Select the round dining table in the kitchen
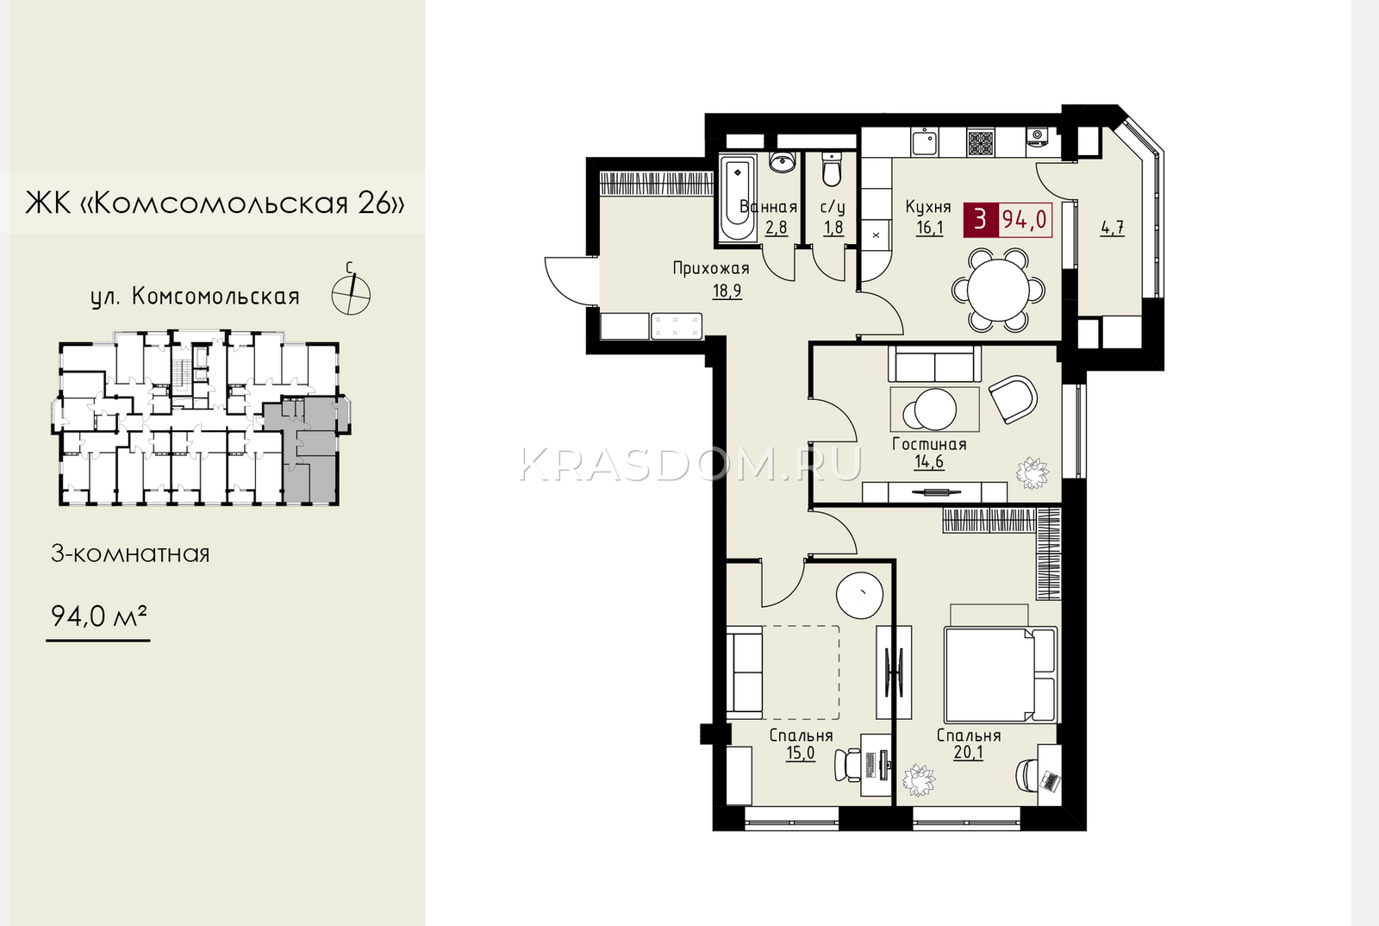[x=998, y=289]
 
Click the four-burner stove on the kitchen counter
[x=980, y=143]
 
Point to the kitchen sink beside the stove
[x=925, y=143]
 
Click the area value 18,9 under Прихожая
[x=727, y=291]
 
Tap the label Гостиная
[x=929, y=444]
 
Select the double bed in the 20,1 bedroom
[x=1001, y=674]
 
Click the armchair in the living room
[x=1013, y=399]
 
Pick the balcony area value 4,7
[x=1113, y=228]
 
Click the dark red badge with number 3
[x=980, y=219]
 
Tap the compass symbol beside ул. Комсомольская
[x=351, y=294]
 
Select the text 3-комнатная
[x=130, y=554]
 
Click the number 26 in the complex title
[x=374, y=203]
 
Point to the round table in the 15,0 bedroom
[x=859, y=596]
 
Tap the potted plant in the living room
[x=1033, y=472]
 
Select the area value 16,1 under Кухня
[x=930, y=228]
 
